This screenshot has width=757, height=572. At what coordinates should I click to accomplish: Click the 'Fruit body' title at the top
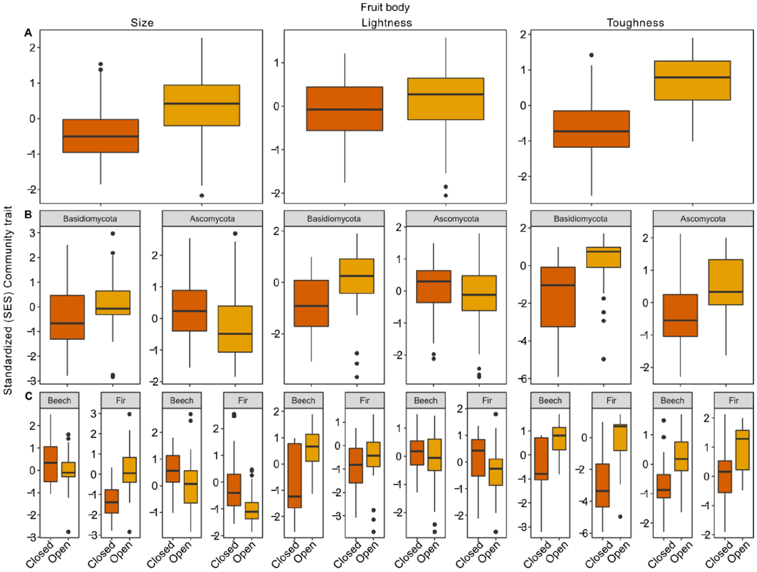[385, 7]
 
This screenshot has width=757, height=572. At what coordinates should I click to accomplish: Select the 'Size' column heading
[142, 22]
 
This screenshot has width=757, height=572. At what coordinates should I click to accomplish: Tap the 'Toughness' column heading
[635, 22]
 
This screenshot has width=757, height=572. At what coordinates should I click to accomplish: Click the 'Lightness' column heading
[386, 22]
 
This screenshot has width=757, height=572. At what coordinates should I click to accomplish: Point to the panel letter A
[28, 33]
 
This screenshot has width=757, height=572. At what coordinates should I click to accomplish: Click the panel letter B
[28, 215]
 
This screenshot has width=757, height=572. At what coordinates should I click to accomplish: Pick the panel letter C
[28, 396]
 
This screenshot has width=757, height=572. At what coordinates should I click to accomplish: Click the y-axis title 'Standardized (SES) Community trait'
[8, 300]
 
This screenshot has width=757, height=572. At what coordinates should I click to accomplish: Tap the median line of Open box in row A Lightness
[446, 94]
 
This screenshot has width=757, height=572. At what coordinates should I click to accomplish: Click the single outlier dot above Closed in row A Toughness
[591, 55]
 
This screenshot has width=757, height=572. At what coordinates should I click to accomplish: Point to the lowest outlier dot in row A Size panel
[202, 195]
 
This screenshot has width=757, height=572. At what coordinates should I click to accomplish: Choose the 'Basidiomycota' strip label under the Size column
[90, 219]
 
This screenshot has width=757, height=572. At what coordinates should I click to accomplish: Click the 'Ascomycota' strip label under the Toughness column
[702, 219]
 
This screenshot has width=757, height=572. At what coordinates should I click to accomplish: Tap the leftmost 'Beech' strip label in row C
[59, 400]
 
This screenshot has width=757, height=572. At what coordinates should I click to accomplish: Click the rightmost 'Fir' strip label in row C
[733, 400]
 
